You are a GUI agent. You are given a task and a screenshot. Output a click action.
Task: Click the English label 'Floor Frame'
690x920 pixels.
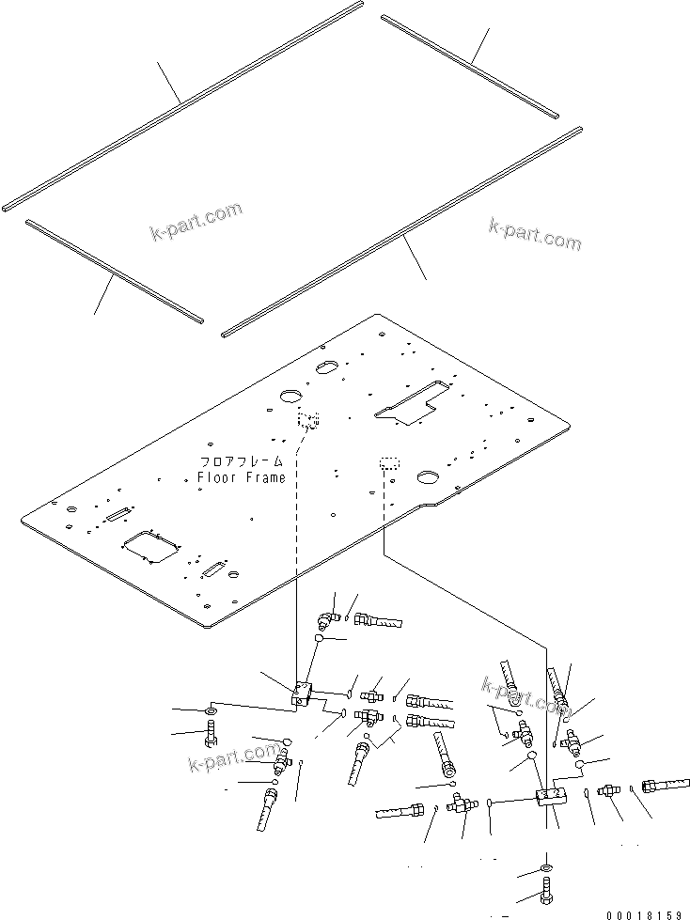(241, 477)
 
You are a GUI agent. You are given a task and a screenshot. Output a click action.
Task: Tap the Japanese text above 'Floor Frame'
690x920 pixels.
(241, 461)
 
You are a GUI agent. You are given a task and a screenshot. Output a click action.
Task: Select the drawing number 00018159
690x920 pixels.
(644, 913)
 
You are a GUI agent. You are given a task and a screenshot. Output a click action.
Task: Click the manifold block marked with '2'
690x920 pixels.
(550, 797)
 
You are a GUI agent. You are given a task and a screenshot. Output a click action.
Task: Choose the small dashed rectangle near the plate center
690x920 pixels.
(389, 464)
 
